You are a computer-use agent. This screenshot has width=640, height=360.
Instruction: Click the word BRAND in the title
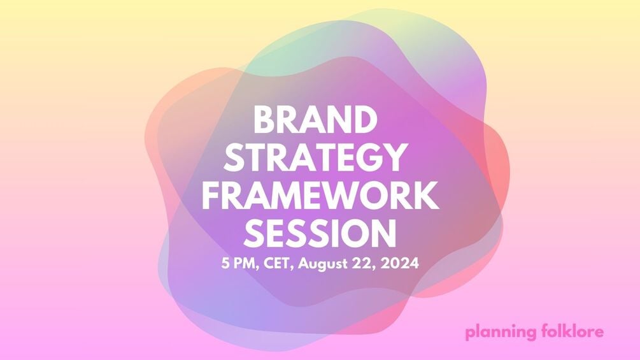(x=315, y=120)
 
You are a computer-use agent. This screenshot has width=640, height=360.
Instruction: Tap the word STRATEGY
(x=315, y=157)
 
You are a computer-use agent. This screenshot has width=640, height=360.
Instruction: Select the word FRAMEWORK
(x=320, y=196)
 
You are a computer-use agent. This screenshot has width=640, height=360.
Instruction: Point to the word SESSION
(x=320, y=233)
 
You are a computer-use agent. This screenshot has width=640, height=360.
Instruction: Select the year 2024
(x=399, y=264)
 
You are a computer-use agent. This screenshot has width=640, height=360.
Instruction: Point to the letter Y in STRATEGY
(x=395, y=157)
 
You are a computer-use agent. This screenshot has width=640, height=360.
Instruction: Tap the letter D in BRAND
(x=364, y=120)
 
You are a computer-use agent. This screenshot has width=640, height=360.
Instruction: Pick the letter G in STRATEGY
(x=367, y=157)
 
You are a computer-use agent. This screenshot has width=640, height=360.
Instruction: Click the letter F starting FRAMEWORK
(x=211, y=196)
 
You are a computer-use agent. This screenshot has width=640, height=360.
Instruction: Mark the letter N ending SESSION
(x=383, y=233)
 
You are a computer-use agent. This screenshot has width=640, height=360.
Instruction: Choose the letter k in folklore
(x=564, y=331)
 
